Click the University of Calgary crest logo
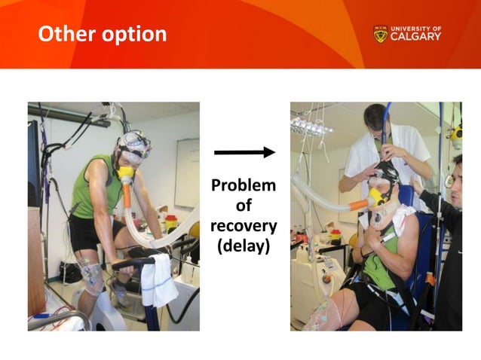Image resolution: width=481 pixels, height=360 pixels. coord(380,34)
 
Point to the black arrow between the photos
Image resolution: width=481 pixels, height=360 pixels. coord(244,153)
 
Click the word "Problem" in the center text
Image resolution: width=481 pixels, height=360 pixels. coord(244,185)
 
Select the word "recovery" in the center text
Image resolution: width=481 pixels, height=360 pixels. coord(244,226)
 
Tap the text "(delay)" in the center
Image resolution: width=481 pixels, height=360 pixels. coord(244,246)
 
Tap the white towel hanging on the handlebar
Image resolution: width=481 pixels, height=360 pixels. coord(159,278)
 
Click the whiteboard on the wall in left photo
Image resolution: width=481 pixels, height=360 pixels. coord(187,172)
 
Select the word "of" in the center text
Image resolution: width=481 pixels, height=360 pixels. coord(244,206)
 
